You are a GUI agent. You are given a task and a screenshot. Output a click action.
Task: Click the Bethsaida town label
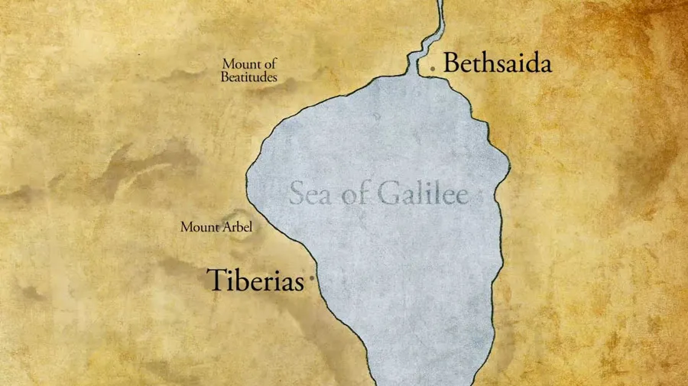[497, 63]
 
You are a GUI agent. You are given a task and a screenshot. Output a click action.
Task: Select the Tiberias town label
[256, 281]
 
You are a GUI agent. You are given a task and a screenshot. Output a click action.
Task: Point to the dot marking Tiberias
[311, 281]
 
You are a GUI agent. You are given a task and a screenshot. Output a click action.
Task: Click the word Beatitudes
[248, 77]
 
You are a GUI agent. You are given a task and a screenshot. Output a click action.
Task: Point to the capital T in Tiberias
[217, 281]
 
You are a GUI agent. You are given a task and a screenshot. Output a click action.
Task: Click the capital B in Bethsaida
[451, 63]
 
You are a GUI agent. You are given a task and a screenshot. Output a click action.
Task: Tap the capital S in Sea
[296, 194]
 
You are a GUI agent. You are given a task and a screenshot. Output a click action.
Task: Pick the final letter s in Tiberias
[299, 283]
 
